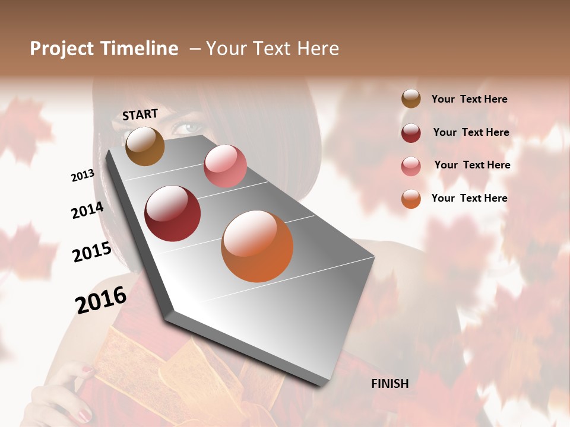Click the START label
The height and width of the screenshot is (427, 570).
pos(140,114)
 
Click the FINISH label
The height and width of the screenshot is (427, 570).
pos(390,384)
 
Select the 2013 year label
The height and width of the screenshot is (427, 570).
pos(83,176)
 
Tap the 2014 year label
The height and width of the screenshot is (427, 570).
pos(87,211)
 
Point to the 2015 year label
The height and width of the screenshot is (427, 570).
pos(92,252)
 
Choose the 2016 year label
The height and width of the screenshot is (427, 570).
pos(101,299)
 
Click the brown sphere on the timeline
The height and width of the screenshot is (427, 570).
pos(145,146)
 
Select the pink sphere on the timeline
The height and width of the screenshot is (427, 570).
pos(225,166)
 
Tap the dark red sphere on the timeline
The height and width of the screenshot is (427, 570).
pos(173,213)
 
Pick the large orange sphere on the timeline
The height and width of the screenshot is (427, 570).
pos(257,246)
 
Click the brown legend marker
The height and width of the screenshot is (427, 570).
pos(411,98)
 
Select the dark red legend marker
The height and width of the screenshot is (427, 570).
pos(411,133)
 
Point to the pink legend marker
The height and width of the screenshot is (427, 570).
pos(411,166)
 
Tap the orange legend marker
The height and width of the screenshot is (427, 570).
pos(411,199)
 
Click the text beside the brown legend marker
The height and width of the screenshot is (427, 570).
pos(469,99)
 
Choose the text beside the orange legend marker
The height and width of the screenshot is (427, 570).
pos(469,198)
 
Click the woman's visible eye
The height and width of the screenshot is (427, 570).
pos(189,128)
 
